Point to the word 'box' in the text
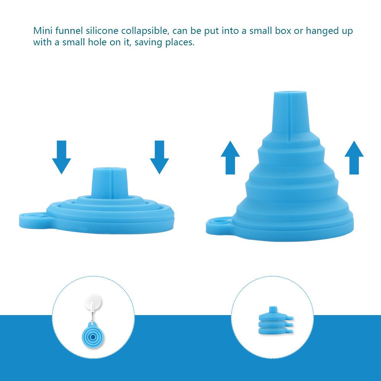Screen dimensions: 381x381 pos(283,31)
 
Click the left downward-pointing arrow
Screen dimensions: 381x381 pos(61,157)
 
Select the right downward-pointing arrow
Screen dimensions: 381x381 pos(159,157)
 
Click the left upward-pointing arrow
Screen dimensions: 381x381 pos(231,157)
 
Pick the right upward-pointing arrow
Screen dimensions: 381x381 pos(354,157)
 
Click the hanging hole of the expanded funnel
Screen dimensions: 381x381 pos(220,221)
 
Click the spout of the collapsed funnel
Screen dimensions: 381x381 pos(110,181)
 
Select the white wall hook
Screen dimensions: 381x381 pos(93,304)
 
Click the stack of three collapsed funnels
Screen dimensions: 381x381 pos(276,320)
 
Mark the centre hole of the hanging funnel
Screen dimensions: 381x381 pos(93,336)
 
